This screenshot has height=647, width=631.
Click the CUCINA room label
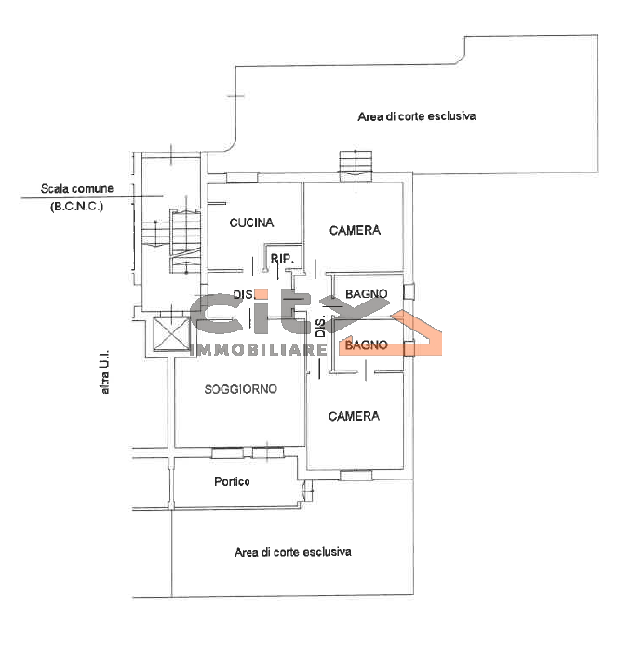coord(251,222)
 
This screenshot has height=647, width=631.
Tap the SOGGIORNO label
coord(241,389)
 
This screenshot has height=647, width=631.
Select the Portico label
coord(232,481)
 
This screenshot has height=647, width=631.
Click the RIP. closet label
coord(282,259)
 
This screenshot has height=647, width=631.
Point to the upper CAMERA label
coord(355,230)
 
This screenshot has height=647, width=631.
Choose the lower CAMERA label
coord(354,416)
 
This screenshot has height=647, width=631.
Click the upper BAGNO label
coord(367,294)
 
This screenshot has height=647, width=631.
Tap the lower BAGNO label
coord(367,345)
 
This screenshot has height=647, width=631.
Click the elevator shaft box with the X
coord(171,334)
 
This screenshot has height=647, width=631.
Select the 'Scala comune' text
coord(77,189)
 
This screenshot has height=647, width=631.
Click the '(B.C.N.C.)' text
coord(76,207)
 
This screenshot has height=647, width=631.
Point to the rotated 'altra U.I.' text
coord(105,372)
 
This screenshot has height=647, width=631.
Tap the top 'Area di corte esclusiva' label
coord(417,116)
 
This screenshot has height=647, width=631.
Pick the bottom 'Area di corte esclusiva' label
coord(293,552)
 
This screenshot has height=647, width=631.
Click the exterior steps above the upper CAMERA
coord(356,167)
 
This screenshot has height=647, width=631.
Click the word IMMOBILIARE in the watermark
coord(259,350)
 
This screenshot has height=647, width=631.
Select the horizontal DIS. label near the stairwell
coord(244,294)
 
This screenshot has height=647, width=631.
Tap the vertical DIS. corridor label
coord(321,327)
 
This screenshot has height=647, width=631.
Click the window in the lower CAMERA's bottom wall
coord(356,476)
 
